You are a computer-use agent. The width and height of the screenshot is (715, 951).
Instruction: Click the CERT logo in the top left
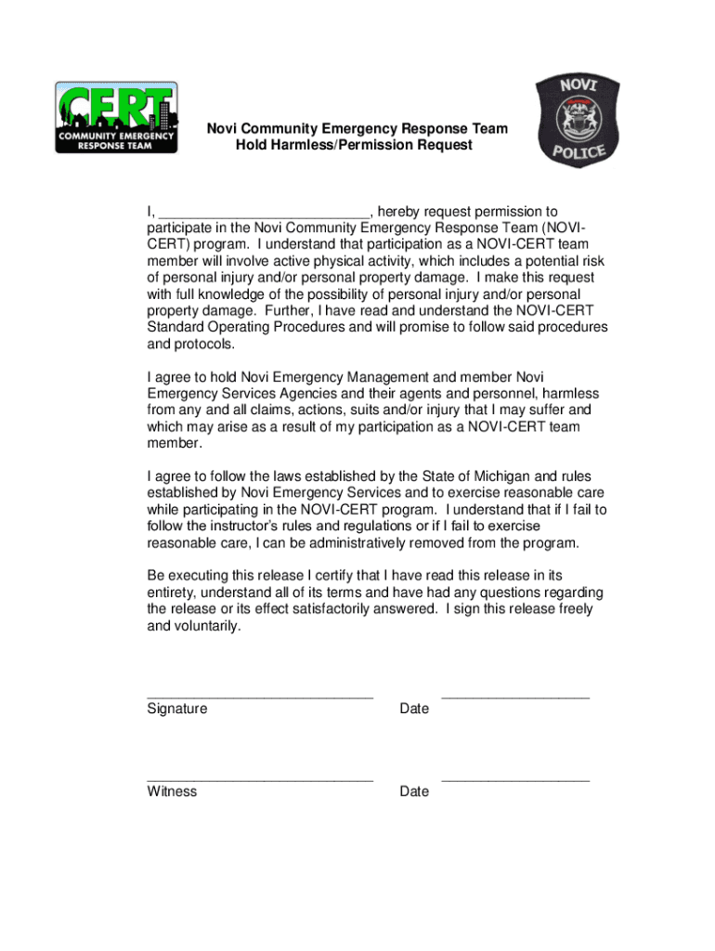click(115, 117)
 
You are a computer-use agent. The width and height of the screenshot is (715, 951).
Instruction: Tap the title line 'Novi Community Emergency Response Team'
click(357, 128)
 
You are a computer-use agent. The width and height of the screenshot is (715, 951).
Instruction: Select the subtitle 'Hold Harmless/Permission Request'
click(354, 146)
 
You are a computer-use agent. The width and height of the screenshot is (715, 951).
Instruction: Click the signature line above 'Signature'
click(260, 695)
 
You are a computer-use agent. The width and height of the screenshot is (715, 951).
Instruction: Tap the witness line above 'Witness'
click(260, 778)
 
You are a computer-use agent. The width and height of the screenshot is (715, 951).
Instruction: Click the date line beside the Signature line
click(515, 695)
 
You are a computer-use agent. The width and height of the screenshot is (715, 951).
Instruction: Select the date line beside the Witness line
click(515, 778)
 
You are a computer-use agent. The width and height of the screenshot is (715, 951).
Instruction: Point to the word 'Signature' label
click(177, 710)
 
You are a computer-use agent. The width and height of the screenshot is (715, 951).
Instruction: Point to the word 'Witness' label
click(172, 792)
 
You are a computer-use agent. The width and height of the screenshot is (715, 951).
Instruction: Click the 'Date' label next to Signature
click(414, 710)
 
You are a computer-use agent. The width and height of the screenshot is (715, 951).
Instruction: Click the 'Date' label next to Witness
click(414, 792)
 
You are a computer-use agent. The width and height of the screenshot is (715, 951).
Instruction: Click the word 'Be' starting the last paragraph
click(156, 576)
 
